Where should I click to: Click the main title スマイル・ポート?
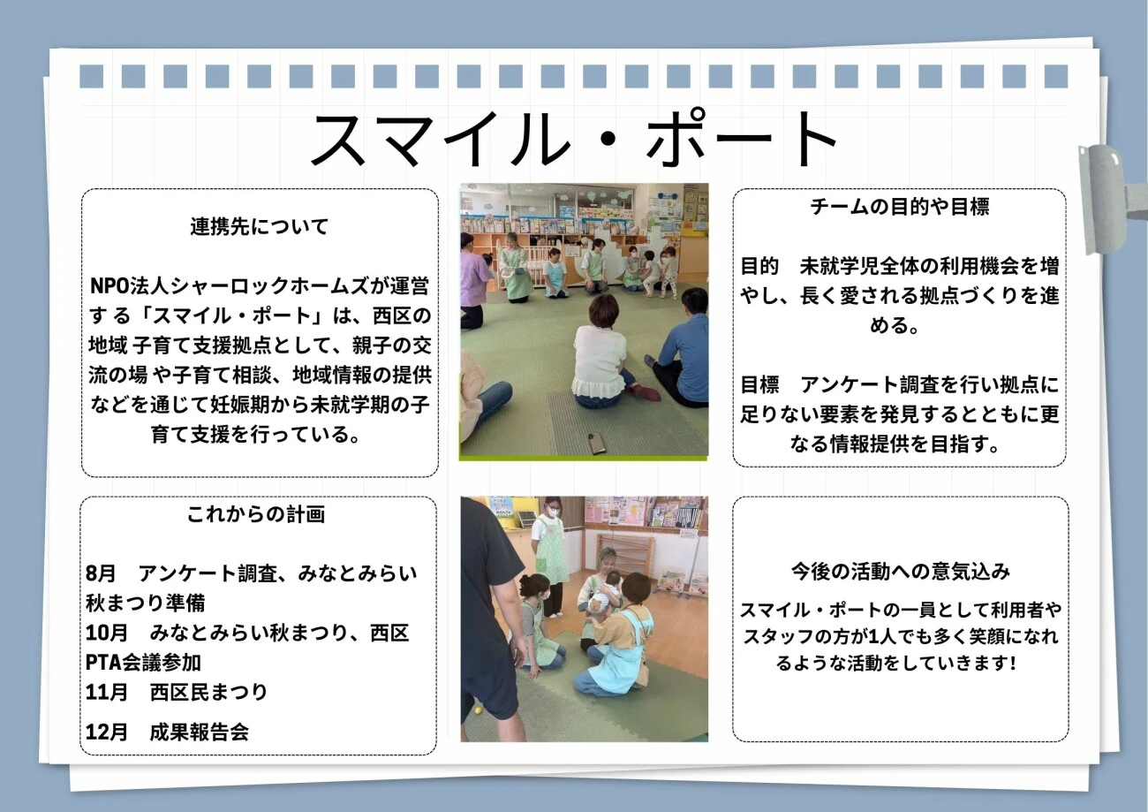point(575,140)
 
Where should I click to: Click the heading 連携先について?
point(260,226)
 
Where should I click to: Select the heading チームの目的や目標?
point(900,207)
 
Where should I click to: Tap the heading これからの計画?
point(256,514)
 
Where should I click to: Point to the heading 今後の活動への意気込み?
point(901,572)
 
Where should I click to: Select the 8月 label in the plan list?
point(101,573)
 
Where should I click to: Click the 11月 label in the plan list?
point(107,693)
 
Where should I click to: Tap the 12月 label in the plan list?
point(107,732)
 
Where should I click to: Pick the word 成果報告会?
point(200,732)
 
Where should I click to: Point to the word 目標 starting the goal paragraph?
point(760,384)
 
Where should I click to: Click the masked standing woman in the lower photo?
point(549,554)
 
